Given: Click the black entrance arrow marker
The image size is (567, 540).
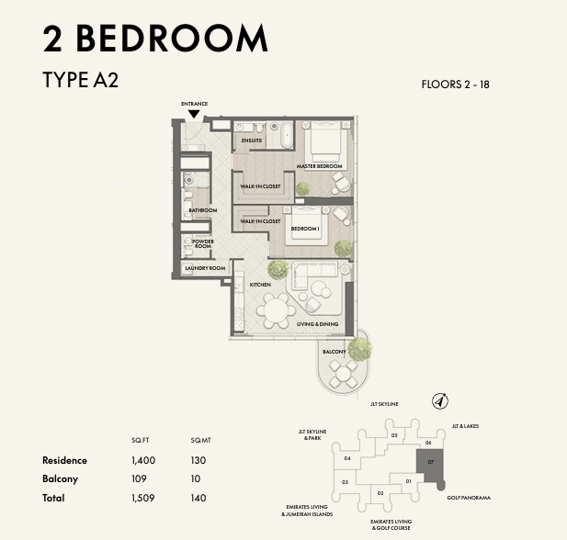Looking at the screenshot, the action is [194, 114].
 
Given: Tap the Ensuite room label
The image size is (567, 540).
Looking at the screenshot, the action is [251, 141].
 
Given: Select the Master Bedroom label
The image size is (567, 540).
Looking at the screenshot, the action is [319, 166].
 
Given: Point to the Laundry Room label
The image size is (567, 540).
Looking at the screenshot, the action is [205, 268].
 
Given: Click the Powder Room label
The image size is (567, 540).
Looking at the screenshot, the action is [203, 243].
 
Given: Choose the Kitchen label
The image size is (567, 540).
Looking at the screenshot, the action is [260, 285].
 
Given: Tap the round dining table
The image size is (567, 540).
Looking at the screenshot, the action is [276, 310].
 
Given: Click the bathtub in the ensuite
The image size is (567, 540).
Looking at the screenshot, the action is [287, 134].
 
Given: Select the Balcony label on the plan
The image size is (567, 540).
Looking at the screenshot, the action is [335, 352].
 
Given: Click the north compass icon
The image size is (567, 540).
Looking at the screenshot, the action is [440, 401].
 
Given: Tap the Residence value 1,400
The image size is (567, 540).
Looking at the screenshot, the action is [143, 460].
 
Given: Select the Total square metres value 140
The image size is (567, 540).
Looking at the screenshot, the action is [198, 498].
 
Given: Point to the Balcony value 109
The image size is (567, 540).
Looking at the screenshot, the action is [139, 478].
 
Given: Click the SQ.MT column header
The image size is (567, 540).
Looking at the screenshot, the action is [200, 440].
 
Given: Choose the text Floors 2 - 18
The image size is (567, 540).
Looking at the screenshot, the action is [455, 84].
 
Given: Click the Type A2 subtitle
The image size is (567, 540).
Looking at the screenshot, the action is [80, 80].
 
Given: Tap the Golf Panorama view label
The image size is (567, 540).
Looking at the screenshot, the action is [469, 498].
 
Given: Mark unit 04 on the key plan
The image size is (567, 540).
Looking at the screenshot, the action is [347, 458].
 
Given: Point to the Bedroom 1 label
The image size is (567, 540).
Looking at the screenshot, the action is [305, 229].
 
